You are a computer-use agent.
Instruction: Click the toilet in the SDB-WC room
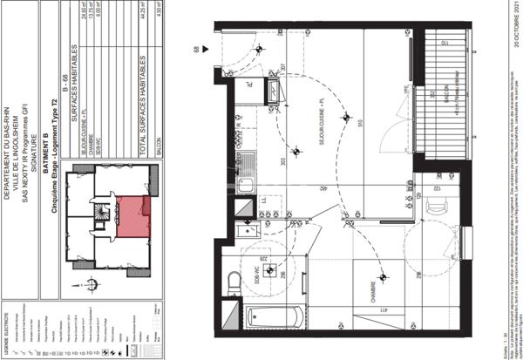coord(234,283)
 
